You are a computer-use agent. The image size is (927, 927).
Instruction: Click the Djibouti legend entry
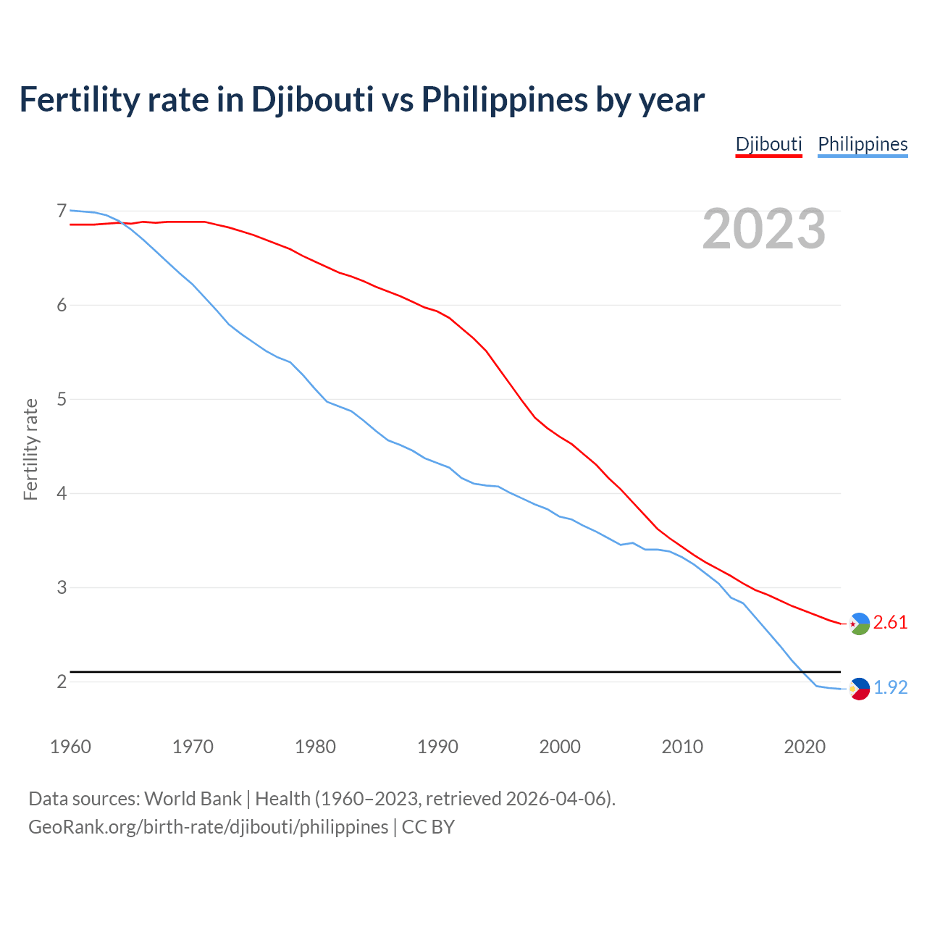click(x=768, y=144)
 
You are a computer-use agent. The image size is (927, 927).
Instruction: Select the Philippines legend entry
click(x=863, y=144)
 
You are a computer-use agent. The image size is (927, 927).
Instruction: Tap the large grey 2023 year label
click(x=763, y=229)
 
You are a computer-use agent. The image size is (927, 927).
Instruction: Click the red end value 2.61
click(x=890, y=623)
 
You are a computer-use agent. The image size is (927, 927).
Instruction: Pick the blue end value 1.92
click(x=890, y=687)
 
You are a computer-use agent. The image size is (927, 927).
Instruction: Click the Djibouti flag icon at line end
click(x=859, y=624)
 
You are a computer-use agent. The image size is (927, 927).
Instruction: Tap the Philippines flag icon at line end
click(x=859, y=689)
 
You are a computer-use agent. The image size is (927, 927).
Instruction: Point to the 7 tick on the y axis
click(x=62, y=211)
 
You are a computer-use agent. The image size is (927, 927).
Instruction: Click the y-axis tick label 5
click(x=62, y=400)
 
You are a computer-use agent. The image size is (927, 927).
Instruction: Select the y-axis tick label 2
click(x=62, y=681)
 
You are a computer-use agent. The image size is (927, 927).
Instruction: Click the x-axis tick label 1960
click(x=70, y=747)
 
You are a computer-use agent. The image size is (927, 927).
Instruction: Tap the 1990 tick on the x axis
click(x=437, y=747)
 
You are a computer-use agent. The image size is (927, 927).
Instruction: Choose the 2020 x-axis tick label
click(x=805, y=747)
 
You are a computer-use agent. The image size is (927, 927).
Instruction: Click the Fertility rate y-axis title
click(x=30, y=449)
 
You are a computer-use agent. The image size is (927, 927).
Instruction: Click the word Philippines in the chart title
click(x=504, y=99)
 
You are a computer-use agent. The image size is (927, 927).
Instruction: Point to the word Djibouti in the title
click(x=312, y=99)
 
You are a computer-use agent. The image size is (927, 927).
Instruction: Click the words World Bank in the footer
click(x=193, y=799)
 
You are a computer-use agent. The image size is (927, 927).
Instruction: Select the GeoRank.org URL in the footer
click(x=208, y=827)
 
